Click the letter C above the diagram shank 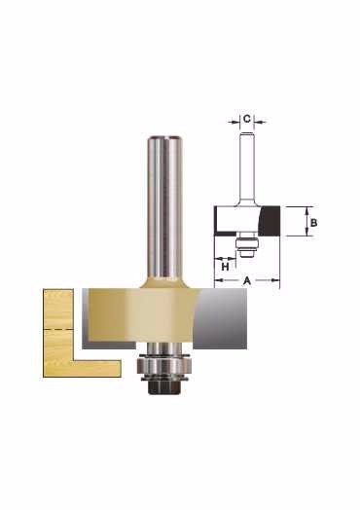point(247,119)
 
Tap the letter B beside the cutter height point(313,223)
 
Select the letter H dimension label point(226,268)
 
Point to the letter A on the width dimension point(247,280)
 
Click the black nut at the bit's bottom point(162,387)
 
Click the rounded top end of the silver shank point(164,138)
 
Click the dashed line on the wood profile point(57,329)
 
